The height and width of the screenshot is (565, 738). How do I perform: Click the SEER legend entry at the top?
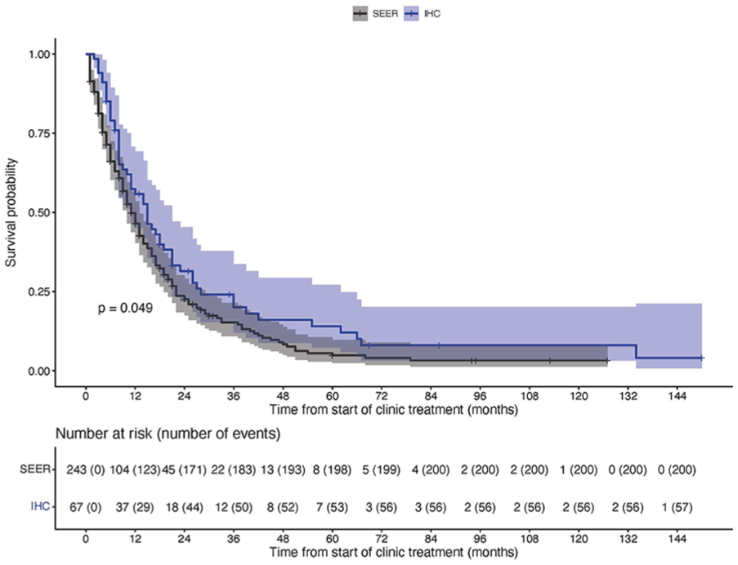pos(376,14)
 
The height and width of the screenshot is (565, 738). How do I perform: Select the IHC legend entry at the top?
pos(423,14)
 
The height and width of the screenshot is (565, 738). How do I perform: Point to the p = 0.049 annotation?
pos(125,309)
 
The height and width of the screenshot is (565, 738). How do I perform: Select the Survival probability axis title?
pos(11,212)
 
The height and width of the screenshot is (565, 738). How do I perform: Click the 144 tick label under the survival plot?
pos(678,396)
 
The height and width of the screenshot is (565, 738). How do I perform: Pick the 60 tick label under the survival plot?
pos(333,396)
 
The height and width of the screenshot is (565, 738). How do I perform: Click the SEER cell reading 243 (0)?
pos(86,469)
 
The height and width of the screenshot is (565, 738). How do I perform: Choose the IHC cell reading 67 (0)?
pos(86,508)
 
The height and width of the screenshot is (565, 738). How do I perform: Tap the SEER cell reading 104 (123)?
pos(135,469)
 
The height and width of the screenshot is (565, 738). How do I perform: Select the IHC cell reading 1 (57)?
pos(678,508)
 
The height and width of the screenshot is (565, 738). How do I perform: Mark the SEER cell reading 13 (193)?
pos(283,469)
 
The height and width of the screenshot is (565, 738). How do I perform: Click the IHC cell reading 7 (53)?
pos(333,508)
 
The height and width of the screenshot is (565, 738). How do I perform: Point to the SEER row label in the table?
pos(34,469)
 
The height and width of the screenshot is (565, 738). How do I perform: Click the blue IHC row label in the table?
pos(40,507)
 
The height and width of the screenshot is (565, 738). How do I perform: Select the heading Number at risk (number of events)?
pos(168,434)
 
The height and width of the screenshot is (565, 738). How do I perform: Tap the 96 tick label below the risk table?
pos(480,539)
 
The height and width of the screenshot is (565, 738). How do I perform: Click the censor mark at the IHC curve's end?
pos(701,358)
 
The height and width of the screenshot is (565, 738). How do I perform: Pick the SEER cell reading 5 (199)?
pos(381,469)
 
